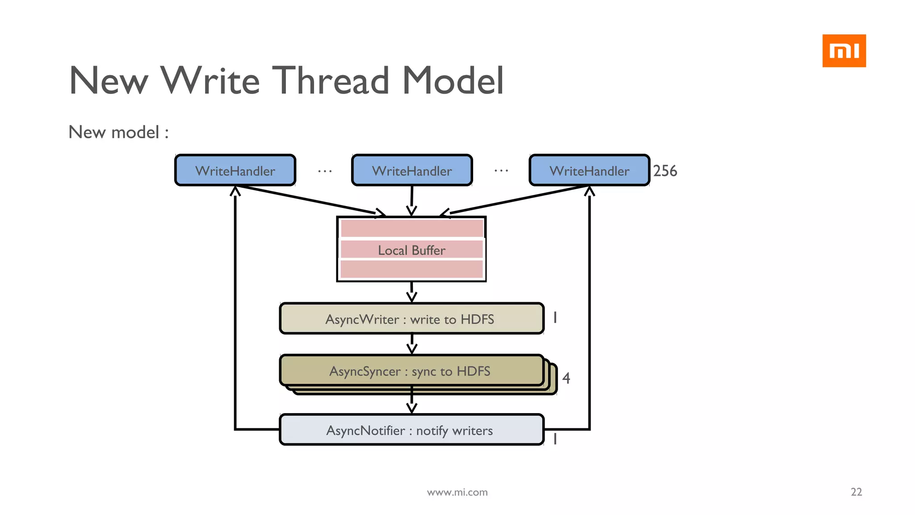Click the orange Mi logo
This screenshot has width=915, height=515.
pos(844,51)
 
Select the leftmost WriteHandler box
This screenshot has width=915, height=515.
pos(235,170)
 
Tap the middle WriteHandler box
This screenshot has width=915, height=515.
pos(411,170)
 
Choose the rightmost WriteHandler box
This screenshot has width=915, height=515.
pos(589,170)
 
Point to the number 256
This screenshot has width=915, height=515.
pos(665,171)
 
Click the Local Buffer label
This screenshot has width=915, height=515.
pos(411,250)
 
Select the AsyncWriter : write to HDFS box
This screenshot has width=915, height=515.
pos(411,319)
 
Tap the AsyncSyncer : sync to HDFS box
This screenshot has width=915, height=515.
pos(411,371)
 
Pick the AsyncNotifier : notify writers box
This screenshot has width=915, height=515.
pos(411,430)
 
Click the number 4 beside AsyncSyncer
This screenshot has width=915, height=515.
pos(566,378)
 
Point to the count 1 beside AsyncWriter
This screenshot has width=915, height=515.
pos(555,317)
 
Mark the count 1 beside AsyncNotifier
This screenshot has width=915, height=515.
pos(555,439)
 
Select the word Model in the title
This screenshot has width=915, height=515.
pos(453,80)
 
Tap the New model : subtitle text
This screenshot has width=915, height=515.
pos(118,132)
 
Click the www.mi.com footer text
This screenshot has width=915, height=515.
pos(457,492)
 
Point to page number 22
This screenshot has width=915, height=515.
pos(856,492)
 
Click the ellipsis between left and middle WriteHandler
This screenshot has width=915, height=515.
pos(325,171)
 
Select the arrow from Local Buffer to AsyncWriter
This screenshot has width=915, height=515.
pos(411,292)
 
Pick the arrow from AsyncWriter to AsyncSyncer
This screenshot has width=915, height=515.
pos(411,344)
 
